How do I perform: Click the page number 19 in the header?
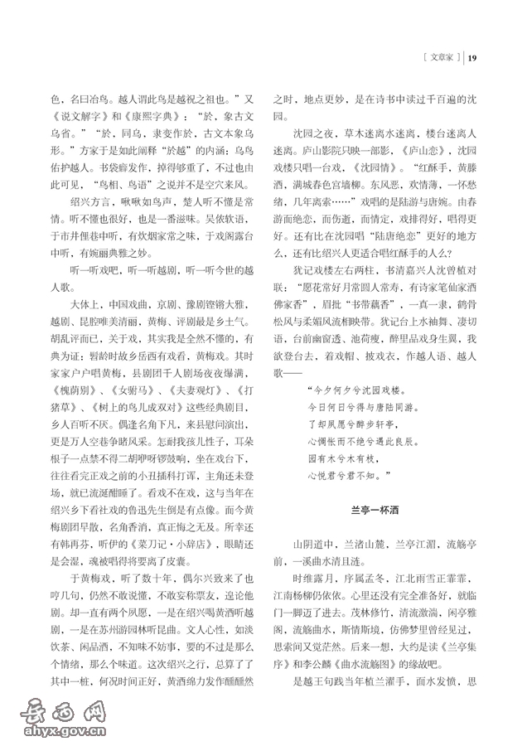473,57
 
